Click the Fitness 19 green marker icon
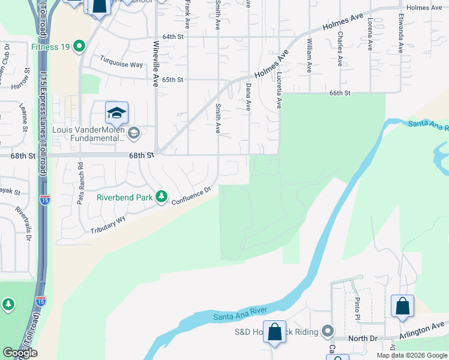pos(79,46)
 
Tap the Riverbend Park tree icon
pos(161,196)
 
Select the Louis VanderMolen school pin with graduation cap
pos(116,113)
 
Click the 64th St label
pos(172,37)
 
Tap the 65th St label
pos(172,80)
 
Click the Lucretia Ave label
pos(279,91)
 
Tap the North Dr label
pos(364,338)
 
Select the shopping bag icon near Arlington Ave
pos(402,306)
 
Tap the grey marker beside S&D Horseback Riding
pos(328,331)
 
